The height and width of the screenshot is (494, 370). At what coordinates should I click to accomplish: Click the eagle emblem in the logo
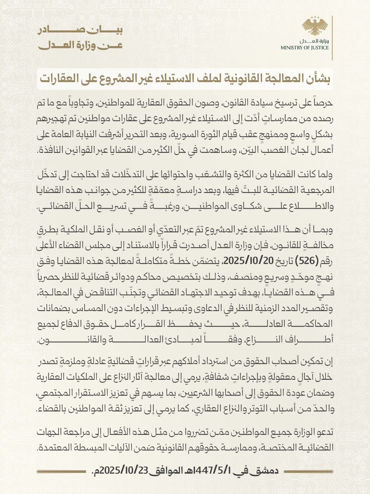tap(315, 26)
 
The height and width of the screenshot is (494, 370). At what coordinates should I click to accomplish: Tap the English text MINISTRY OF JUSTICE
tap(304, 48)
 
